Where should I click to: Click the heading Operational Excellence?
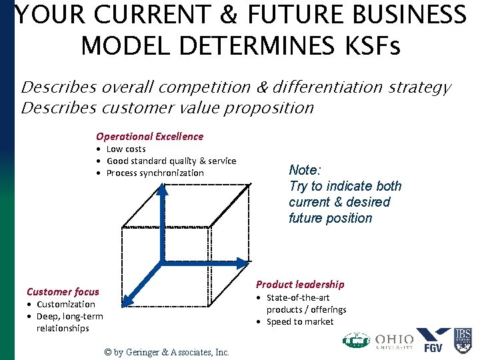click(x=149, y=136)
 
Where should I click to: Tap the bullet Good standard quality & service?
click(x=171, y=161)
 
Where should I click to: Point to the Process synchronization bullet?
click(x=155, y=173)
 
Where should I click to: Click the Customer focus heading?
click(x=63, y=291)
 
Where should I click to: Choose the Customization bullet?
click(x=65, y=304)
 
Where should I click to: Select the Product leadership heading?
click(x=300, y=284)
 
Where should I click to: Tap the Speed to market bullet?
click(x=300, y=321)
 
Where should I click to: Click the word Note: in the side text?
click(x=304, y=170)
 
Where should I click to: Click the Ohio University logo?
click(x=394, y=341)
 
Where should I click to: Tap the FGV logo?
click(x=433, y=340)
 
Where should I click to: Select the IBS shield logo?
click(x=463, y=339)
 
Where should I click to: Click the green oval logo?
click(x=356, y=341)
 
